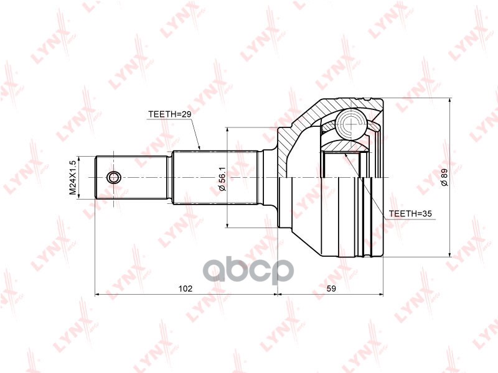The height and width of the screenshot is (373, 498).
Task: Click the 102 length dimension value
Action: pyautogui.click(x=185, y=288)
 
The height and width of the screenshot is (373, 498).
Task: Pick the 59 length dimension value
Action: pyautogui.click(x=331, y=288)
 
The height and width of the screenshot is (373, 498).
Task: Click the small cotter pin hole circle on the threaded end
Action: pyautogui.click(x=113, y=178)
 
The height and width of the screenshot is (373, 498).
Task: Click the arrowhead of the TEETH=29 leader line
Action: pyautogui.click(x=199, y=148)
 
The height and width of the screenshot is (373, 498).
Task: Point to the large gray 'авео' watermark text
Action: pyautogui.click(x=249, y=270)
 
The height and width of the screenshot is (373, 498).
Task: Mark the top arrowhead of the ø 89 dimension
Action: pyautogui.click(x=449, y=101)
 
